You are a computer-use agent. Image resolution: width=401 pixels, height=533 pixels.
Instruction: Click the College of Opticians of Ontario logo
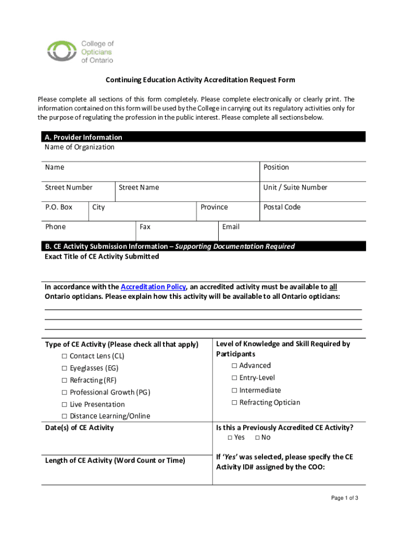(80, 52)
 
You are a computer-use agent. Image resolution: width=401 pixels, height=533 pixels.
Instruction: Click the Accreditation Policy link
(153, 287)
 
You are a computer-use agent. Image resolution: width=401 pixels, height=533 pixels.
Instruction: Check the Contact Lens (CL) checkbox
(64, 356)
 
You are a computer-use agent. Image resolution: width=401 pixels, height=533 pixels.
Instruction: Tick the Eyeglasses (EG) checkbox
(64, 368)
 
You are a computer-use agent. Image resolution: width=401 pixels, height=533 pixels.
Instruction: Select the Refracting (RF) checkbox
(64, 380)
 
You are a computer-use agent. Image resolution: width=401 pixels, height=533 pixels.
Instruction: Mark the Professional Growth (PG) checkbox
(64, 392)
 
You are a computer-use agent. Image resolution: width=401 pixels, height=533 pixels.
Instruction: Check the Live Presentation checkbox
(64, 404)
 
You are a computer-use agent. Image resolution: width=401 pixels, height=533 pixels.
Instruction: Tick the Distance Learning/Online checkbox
(64, 416)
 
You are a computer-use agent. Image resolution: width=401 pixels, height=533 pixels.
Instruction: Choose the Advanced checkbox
(234, 365)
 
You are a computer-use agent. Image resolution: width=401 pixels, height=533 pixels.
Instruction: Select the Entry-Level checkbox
(234, 378)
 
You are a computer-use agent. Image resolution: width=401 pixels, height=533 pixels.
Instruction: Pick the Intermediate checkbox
(234, 390)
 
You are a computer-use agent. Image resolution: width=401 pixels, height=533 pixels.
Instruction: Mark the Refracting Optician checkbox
(234, 402)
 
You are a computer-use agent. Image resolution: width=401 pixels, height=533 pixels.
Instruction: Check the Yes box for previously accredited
(230, 437)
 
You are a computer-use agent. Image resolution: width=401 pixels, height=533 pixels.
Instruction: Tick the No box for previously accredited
(257, 437)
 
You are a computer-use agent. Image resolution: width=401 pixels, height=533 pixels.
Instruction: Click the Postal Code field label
(282, 207)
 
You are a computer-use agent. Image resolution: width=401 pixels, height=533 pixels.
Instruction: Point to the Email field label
(231, 227)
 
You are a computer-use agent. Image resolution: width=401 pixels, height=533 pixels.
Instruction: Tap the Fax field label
(145, 227)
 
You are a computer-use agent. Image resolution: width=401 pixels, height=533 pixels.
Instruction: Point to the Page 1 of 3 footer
(344, 498)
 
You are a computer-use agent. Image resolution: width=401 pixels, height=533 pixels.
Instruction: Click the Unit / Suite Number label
(295, 187)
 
